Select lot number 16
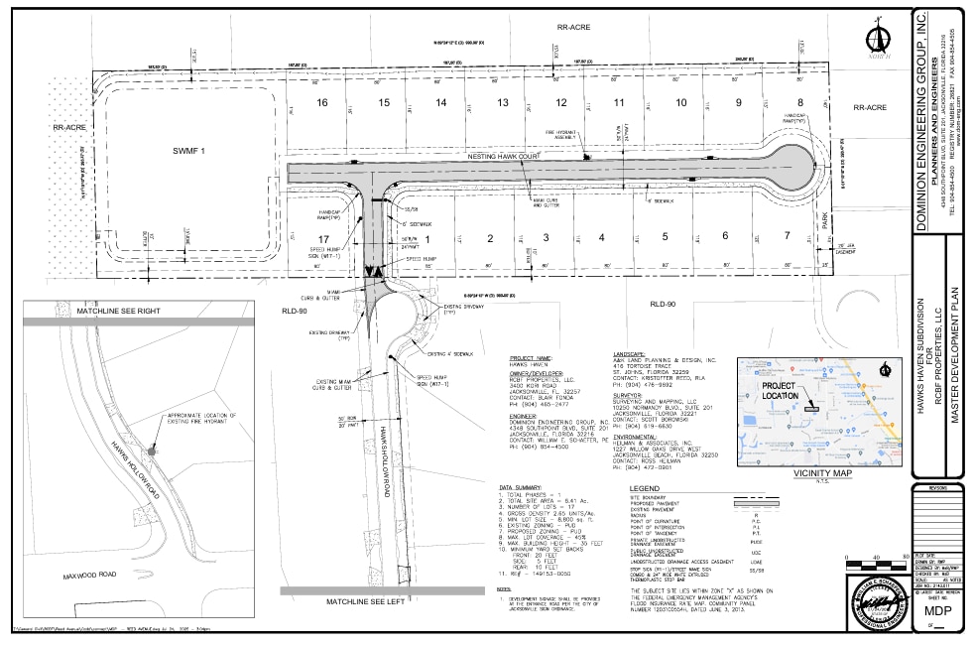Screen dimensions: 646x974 321,103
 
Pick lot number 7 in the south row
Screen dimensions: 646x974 786,235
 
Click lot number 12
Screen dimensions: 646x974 560,103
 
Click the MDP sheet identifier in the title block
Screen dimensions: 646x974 938,610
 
